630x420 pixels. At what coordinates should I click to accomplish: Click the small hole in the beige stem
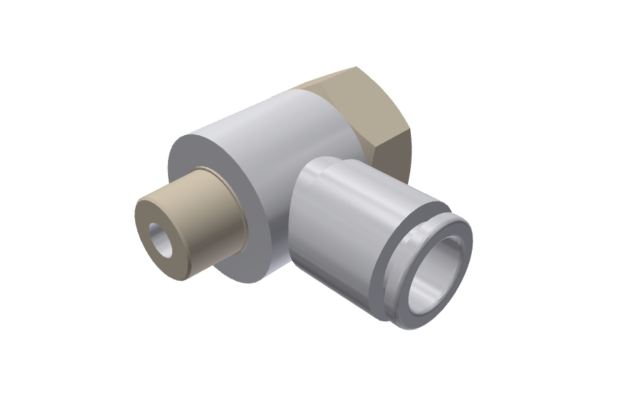pos(161,242)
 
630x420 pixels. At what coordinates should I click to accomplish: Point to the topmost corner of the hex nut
pos(358,67)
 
